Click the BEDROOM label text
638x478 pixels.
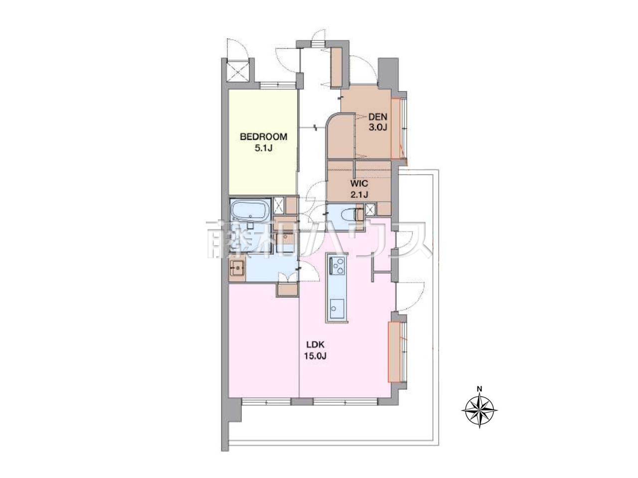coord(263,137)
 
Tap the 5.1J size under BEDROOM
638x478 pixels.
coord(263,148)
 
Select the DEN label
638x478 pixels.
coord(378,117)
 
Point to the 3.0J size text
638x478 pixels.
coord(378,128)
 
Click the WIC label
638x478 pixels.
coord(359,183)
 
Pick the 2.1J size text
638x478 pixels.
coord(359,194)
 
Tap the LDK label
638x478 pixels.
coord(315,345)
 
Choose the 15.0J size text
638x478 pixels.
coord(315,356)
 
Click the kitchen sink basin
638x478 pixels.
coord(337,309)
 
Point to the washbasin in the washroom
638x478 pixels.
coord(238,268)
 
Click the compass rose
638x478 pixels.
coord(479,410)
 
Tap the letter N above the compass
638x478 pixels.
coord(479,389)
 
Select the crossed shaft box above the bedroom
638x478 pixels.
coord(238,71)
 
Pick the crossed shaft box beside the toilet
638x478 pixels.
coord(370,209)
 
